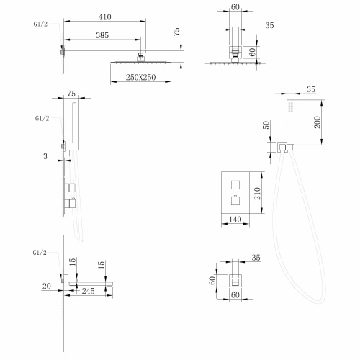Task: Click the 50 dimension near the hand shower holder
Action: pyautogui.click(x=268, y=125)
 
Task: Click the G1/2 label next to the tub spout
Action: pyautogui.click(x=41, y=253)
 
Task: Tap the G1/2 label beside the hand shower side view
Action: pyautogui.click(x=41, y=117)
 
